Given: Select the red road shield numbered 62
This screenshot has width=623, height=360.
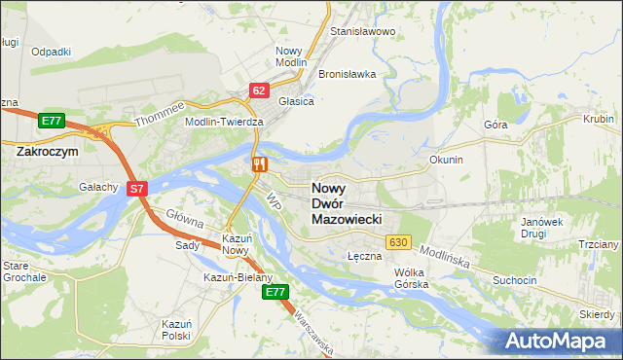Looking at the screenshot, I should pos(258,90).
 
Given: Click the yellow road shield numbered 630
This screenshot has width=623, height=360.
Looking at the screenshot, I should pos(397,241).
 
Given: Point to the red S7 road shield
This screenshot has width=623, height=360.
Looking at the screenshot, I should pos(137,189).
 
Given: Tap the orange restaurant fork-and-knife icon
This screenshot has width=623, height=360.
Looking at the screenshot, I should pos(259,163).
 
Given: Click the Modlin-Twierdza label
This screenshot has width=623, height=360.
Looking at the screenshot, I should pos(225,122).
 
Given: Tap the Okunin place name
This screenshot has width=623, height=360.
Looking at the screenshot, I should pos(445,159).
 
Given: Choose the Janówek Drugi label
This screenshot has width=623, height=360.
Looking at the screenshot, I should pos(543,228).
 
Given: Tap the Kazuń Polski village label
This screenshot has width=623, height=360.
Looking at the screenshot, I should pos(176,328).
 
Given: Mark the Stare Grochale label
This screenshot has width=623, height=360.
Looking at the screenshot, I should pos(24,270).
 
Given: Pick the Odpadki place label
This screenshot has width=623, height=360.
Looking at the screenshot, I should pos(51,52).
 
